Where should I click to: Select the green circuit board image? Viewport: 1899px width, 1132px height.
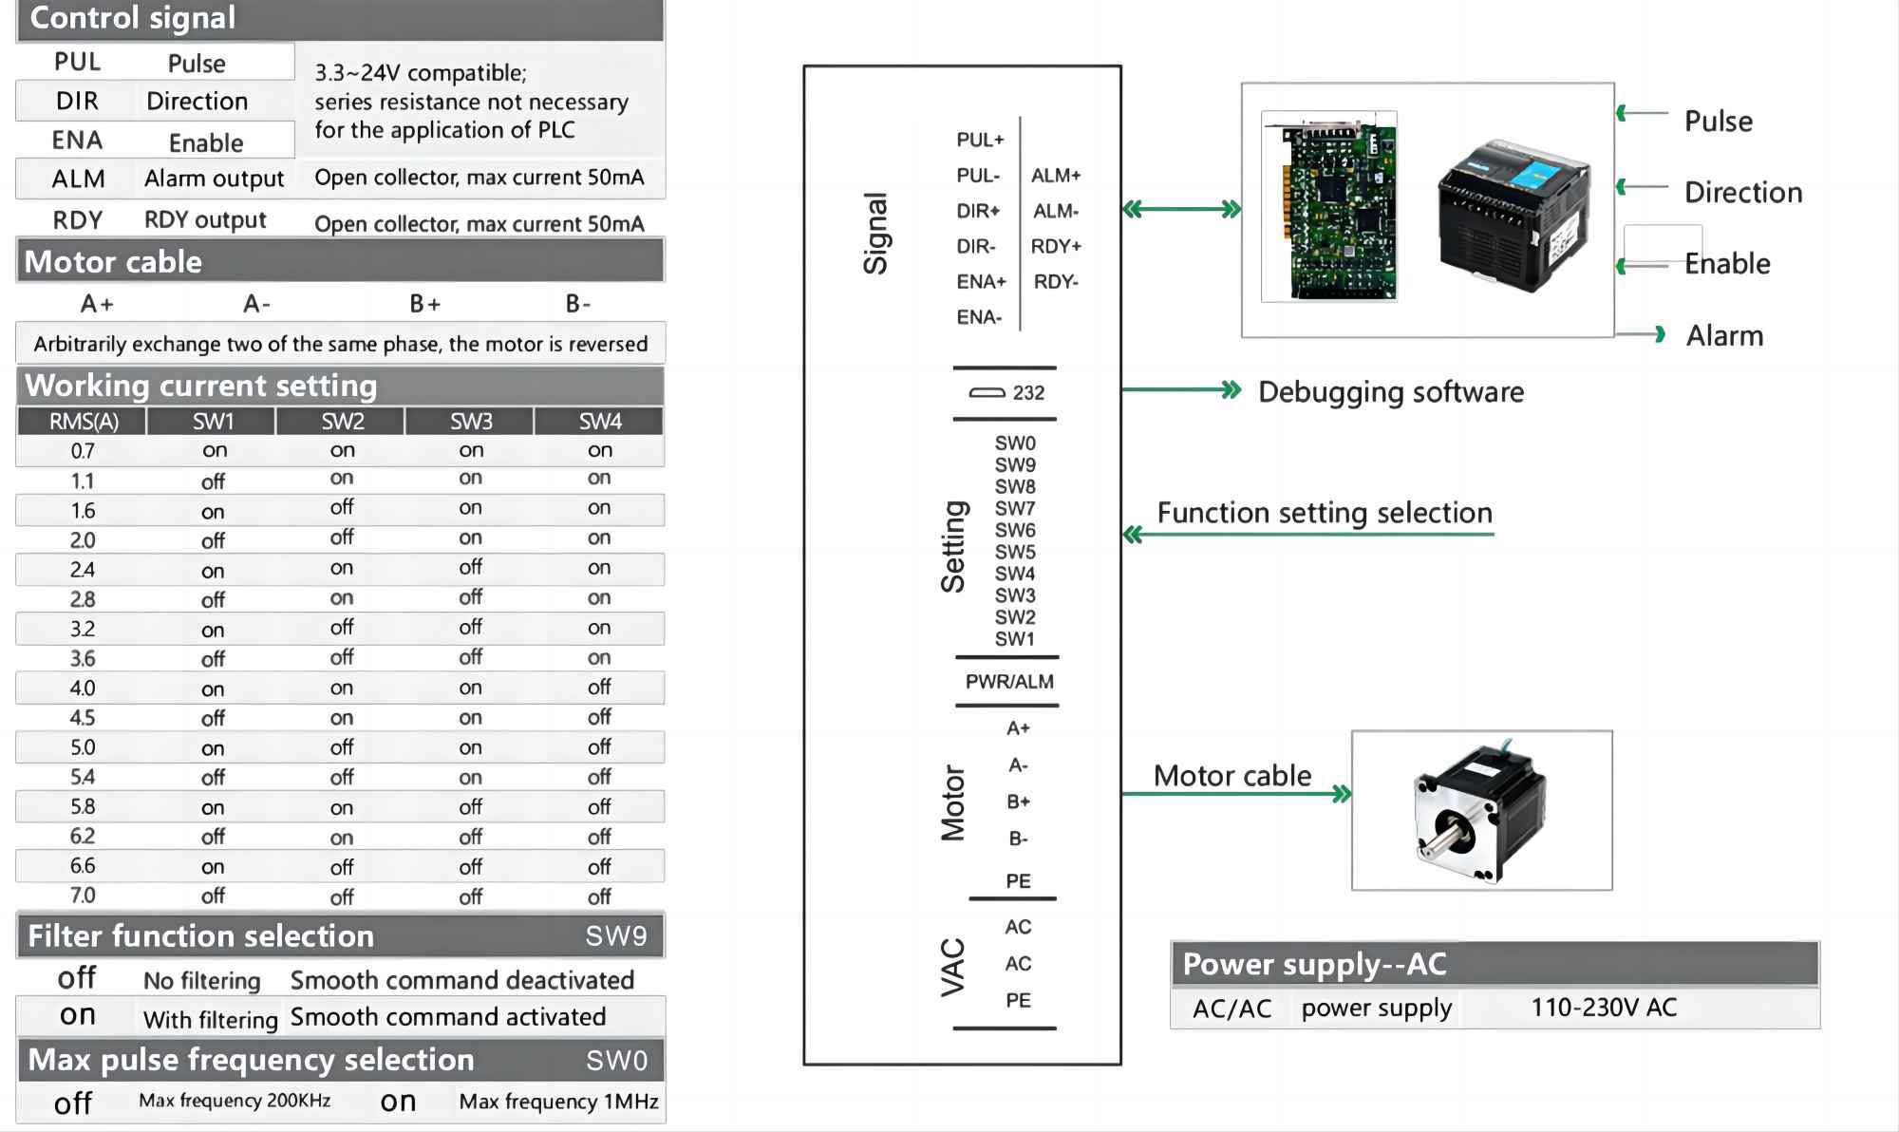click(x=1328, y=207)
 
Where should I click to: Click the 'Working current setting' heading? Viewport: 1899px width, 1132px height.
click(x=201, y=386)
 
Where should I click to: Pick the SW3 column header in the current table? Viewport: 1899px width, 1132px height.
click(x=471, y=421)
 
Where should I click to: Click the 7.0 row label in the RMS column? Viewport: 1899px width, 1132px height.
click(x=83, y=896)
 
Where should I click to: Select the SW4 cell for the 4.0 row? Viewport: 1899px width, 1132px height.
click(x=599, y=688)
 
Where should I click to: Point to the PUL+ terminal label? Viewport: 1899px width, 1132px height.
click(x=980, y=140)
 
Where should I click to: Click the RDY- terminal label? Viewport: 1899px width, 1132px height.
click(x=1056, y=282)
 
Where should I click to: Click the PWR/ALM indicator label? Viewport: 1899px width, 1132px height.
click(x=1009, y=682)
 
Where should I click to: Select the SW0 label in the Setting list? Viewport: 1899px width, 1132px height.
click(x=1015, y=443)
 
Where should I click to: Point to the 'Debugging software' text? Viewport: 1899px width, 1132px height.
click(x=1391, y=392)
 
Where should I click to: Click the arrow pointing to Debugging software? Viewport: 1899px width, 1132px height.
click(x=1181, y=389)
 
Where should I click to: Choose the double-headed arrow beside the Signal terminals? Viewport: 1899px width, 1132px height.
click(x=1181, y=209)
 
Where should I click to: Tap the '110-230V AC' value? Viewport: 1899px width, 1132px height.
click(x=1604, y=1008)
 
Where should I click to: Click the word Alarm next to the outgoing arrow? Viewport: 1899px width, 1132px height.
click(x=1724, y=335)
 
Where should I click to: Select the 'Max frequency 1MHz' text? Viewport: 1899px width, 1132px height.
click(x=558, y=1102)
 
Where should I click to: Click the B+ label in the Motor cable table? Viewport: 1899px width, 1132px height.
click(x=424, y=304)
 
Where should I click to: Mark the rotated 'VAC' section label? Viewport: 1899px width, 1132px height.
click(x=952, y=967)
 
